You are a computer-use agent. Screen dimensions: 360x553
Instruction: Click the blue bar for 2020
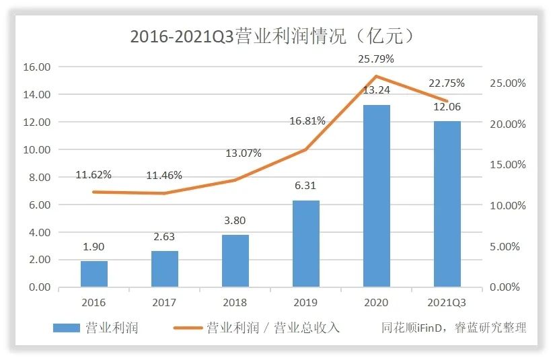376,196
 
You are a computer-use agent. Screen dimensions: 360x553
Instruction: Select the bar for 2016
94,274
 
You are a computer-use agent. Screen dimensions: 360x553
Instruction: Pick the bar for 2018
235,261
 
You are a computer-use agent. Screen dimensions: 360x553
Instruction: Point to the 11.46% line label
164,176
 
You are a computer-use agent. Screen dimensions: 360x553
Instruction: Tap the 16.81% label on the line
307,121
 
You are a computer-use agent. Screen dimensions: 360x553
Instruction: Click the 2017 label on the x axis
164,303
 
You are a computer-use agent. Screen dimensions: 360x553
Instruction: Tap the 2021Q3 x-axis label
447,303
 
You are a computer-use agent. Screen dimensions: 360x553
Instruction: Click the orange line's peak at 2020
376,77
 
